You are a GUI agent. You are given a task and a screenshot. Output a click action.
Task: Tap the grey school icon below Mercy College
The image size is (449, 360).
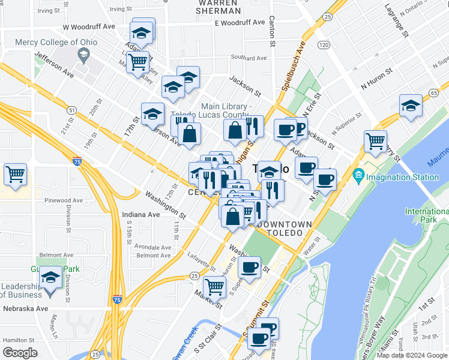pos(83,56)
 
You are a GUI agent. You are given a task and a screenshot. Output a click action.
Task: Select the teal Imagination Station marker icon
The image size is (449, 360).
pos(359,177)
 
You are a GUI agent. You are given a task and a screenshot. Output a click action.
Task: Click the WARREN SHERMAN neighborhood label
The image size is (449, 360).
pos(219,7)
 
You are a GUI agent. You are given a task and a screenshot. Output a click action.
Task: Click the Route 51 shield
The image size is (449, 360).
pos(71,110)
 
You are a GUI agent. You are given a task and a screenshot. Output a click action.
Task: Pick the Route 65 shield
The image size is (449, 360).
pos(433,92)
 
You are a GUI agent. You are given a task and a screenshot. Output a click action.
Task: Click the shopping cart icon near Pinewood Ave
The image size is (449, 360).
pos(15,175)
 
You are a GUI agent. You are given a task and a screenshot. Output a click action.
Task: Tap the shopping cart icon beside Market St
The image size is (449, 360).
pos(214,286)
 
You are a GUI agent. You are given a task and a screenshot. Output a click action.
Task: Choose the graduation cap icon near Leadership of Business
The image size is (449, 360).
pos(51,278)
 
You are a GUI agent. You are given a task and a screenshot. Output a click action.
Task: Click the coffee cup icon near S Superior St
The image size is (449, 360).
pos(249,266)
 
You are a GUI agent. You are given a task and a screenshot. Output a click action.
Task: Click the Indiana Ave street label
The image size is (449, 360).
pos(141,214)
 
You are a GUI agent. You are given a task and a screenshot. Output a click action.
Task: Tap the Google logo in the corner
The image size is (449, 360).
pos(20,353)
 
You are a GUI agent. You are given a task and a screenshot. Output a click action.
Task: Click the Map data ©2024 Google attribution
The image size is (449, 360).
pos(412,355)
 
